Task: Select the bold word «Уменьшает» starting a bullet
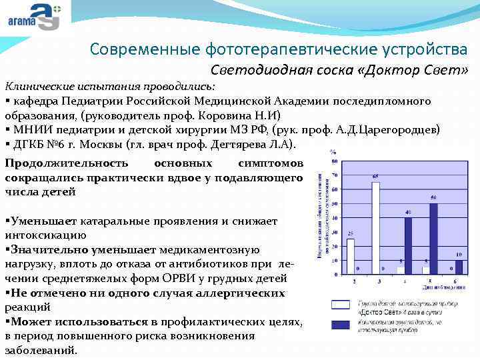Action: click(x=40, y=221)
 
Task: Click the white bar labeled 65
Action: click(x=375, y=227)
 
